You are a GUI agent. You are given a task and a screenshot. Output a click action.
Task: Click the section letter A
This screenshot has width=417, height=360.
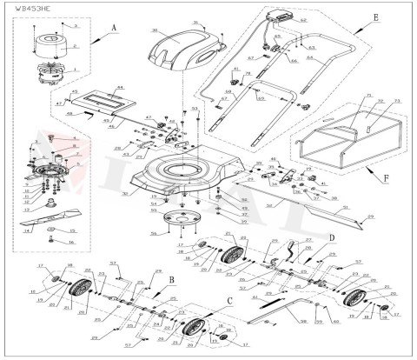pyautogui.click(x=114, y=27)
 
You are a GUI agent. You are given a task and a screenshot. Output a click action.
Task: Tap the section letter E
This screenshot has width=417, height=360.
pyautogui.click(x=350, y=17)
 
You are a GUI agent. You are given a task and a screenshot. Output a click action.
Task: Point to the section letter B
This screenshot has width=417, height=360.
pyautogui.click(x=172, y=279)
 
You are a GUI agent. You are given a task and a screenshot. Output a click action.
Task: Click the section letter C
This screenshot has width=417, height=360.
pyautogui.click(x=229, y=301)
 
